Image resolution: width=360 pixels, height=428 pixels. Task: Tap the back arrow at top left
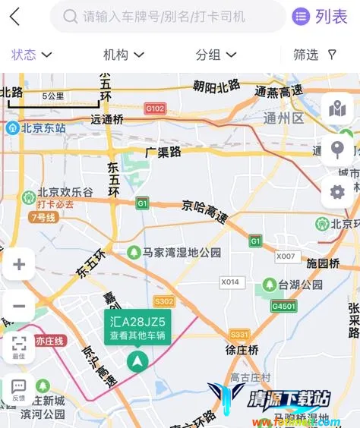coord(14,16)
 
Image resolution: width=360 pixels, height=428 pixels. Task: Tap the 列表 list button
coord(321,16)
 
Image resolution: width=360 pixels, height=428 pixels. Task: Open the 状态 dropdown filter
coord(31,55)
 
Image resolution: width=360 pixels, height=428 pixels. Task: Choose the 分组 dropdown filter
coord(216,55)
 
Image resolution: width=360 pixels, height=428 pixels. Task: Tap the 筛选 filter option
coord(315,55)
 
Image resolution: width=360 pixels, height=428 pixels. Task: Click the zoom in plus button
coord(19,265)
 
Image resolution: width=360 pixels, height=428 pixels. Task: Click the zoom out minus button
coord(19,307)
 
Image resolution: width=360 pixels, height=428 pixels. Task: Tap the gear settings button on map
coord(337,191)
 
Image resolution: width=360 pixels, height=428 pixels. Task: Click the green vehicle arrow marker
coord(137,361)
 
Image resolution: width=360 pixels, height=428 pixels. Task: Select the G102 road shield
coord(155,109)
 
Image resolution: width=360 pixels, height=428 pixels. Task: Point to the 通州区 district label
coord(283,118)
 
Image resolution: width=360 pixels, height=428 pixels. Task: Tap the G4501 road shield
coord(283,306)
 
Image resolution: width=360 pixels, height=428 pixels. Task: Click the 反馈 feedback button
coord(19,389)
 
